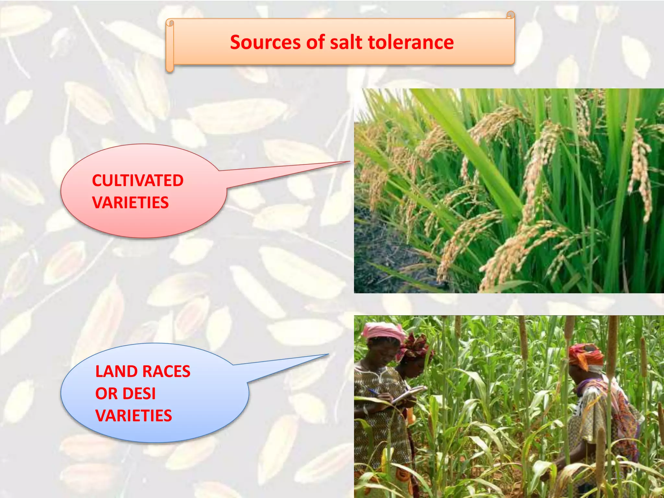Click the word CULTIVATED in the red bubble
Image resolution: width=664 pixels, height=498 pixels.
[x=138, y=181]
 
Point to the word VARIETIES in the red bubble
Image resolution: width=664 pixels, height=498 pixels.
[x=130, y=203]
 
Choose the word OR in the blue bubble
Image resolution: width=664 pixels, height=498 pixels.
[x=106, y=394]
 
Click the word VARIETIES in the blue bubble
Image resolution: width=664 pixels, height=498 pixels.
[x=134, y=416]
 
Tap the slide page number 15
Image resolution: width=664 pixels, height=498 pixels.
[x=618, y=475]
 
